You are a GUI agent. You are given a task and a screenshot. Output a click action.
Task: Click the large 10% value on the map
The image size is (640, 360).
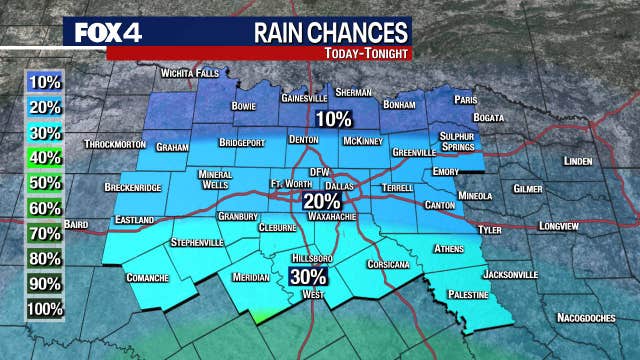(333, 119)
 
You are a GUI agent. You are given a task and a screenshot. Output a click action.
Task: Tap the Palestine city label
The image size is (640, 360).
(468, 295)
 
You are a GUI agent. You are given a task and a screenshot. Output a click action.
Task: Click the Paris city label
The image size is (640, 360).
(464, 100)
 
